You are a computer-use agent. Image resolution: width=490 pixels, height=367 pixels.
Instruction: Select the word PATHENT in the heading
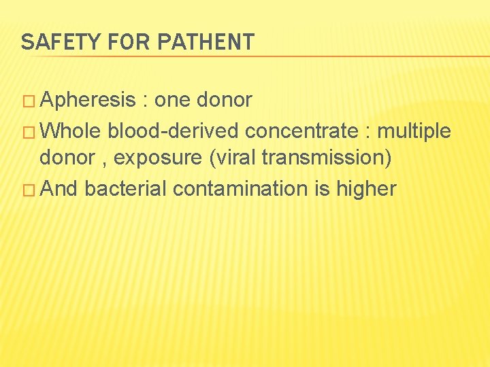(206, 42)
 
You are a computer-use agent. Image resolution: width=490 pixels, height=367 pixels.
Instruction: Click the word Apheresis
(88, 101)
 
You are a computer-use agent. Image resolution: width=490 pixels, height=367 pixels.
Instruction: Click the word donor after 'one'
(225, 101)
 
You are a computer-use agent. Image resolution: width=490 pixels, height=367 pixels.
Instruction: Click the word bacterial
(126, 188)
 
